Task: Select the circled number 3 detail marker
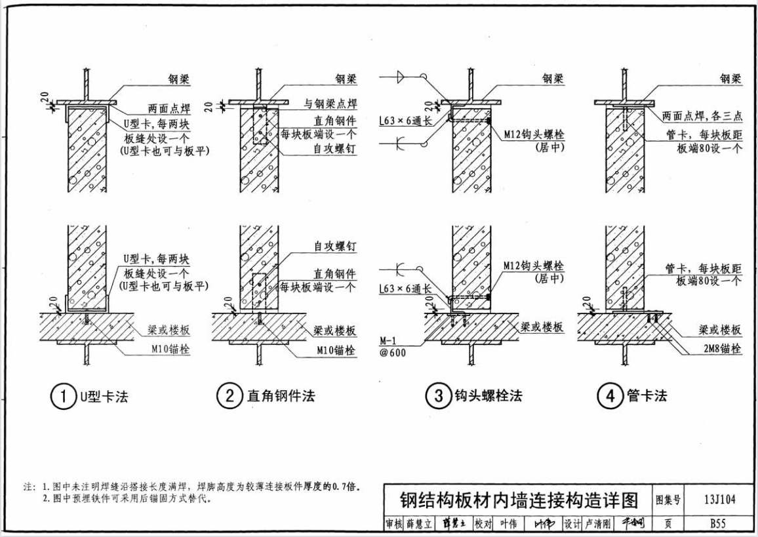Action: (x=437, y=395)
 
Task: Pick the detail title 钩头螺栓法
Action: (x=488, y=396)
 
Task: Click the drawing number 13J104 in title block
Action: (x=719, y=500)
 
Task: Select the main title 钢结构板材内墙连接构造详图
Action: (x=519, y=501)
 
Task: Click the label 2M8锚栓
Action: (x=720, y=349)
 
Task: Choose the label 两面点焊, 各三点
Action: (x=702, y=116)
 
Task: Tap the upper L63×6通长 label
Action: (x=405, y=121)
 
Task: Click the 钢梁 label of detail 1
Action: (x=180, y=79)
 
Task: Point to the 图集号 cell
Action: (x=668, y=500)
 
